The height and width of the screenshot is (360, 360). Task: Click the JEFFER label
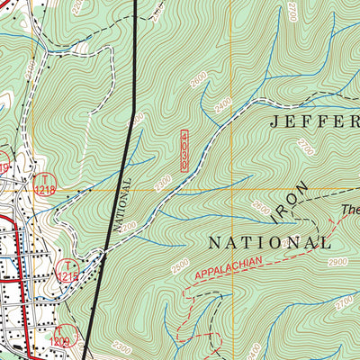point(310,121)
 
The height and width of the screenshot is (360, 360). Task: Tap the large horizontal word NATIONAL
point(269,242)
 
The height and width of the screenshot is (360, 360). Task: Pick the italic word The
point(349,212)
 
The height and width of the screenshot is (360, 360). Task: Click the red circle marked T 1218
point(43,185)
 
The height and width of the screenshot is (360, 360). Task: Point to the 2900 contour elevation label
point(337,261)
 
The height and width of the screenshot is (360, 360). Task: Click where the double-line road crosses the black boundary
point(110,254)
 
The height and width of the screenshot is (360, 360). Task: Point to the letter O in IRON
point(295,199)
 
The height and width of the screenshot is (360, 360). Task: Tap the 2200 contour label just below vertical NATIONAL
point(129,225)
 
